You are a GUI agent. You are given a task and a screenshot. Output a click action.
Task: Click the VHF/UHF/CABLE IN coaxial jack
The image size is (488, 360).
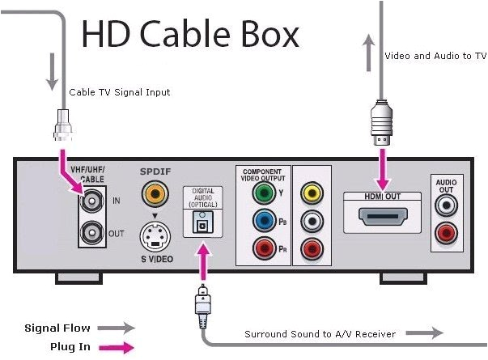coord(93,199)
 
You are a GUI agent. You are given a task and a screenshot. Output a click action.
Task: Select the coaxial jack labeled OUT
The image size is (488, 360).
coord(93,232)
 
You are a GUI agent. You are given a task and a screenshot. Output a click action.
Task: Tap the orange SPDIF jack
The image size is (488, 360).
coord(151,193)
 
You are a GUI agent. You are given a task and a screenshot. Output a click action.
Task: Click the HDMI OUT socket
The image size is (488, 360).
coord(382,219)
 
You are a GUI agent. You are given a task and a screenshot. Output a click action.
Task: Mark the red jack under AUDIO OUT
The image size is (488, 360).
coord(443,235)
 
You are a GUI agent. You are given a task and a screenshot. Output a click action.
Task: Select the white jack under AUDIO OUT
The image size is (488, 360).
coord(443,206)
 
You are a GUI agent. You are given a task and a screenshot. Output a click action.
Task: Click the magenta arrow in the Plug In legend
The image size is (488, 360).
coord(115,346)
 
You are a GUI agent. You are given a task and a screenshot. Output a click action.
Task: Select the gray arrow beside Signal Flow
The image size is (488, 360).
coord(115,328)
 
